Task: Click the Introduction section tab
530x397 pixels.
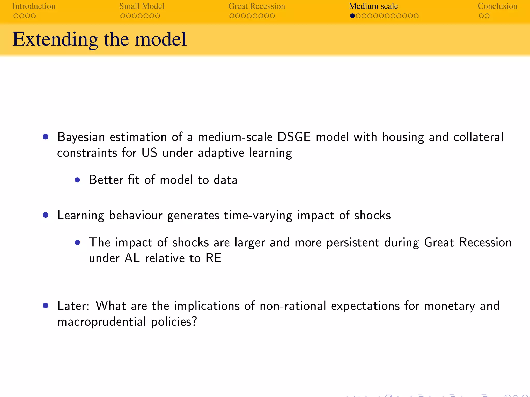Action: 34,6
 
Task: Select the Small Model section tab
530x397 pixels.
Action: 142,6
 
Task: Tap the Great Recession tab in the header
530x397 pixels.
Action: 256,6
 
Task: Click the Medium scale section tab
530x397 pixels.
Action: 373,6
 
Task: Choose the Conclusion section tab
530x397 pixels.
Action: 497,6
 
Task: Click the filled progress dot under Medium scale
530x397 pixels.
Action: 352,16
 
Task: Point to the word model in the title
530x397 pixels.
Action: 160,39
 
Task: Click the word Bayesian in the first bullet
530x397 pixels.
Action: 81,137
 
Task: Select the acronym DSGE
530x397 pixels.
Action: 294,137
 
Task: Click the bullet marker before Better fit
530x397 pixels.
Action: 77,180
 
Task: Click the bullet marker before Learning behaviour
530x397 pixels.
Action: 46,215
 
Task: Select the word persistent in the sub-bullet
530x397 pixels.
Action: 352,242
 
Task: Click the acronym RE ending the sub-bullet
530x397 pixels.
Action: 214,258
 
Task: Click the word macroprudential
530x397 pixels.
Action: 102,322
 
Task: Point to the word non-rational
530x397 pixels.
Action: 293,306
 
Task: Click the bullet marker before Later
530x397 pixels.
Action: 46,306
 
